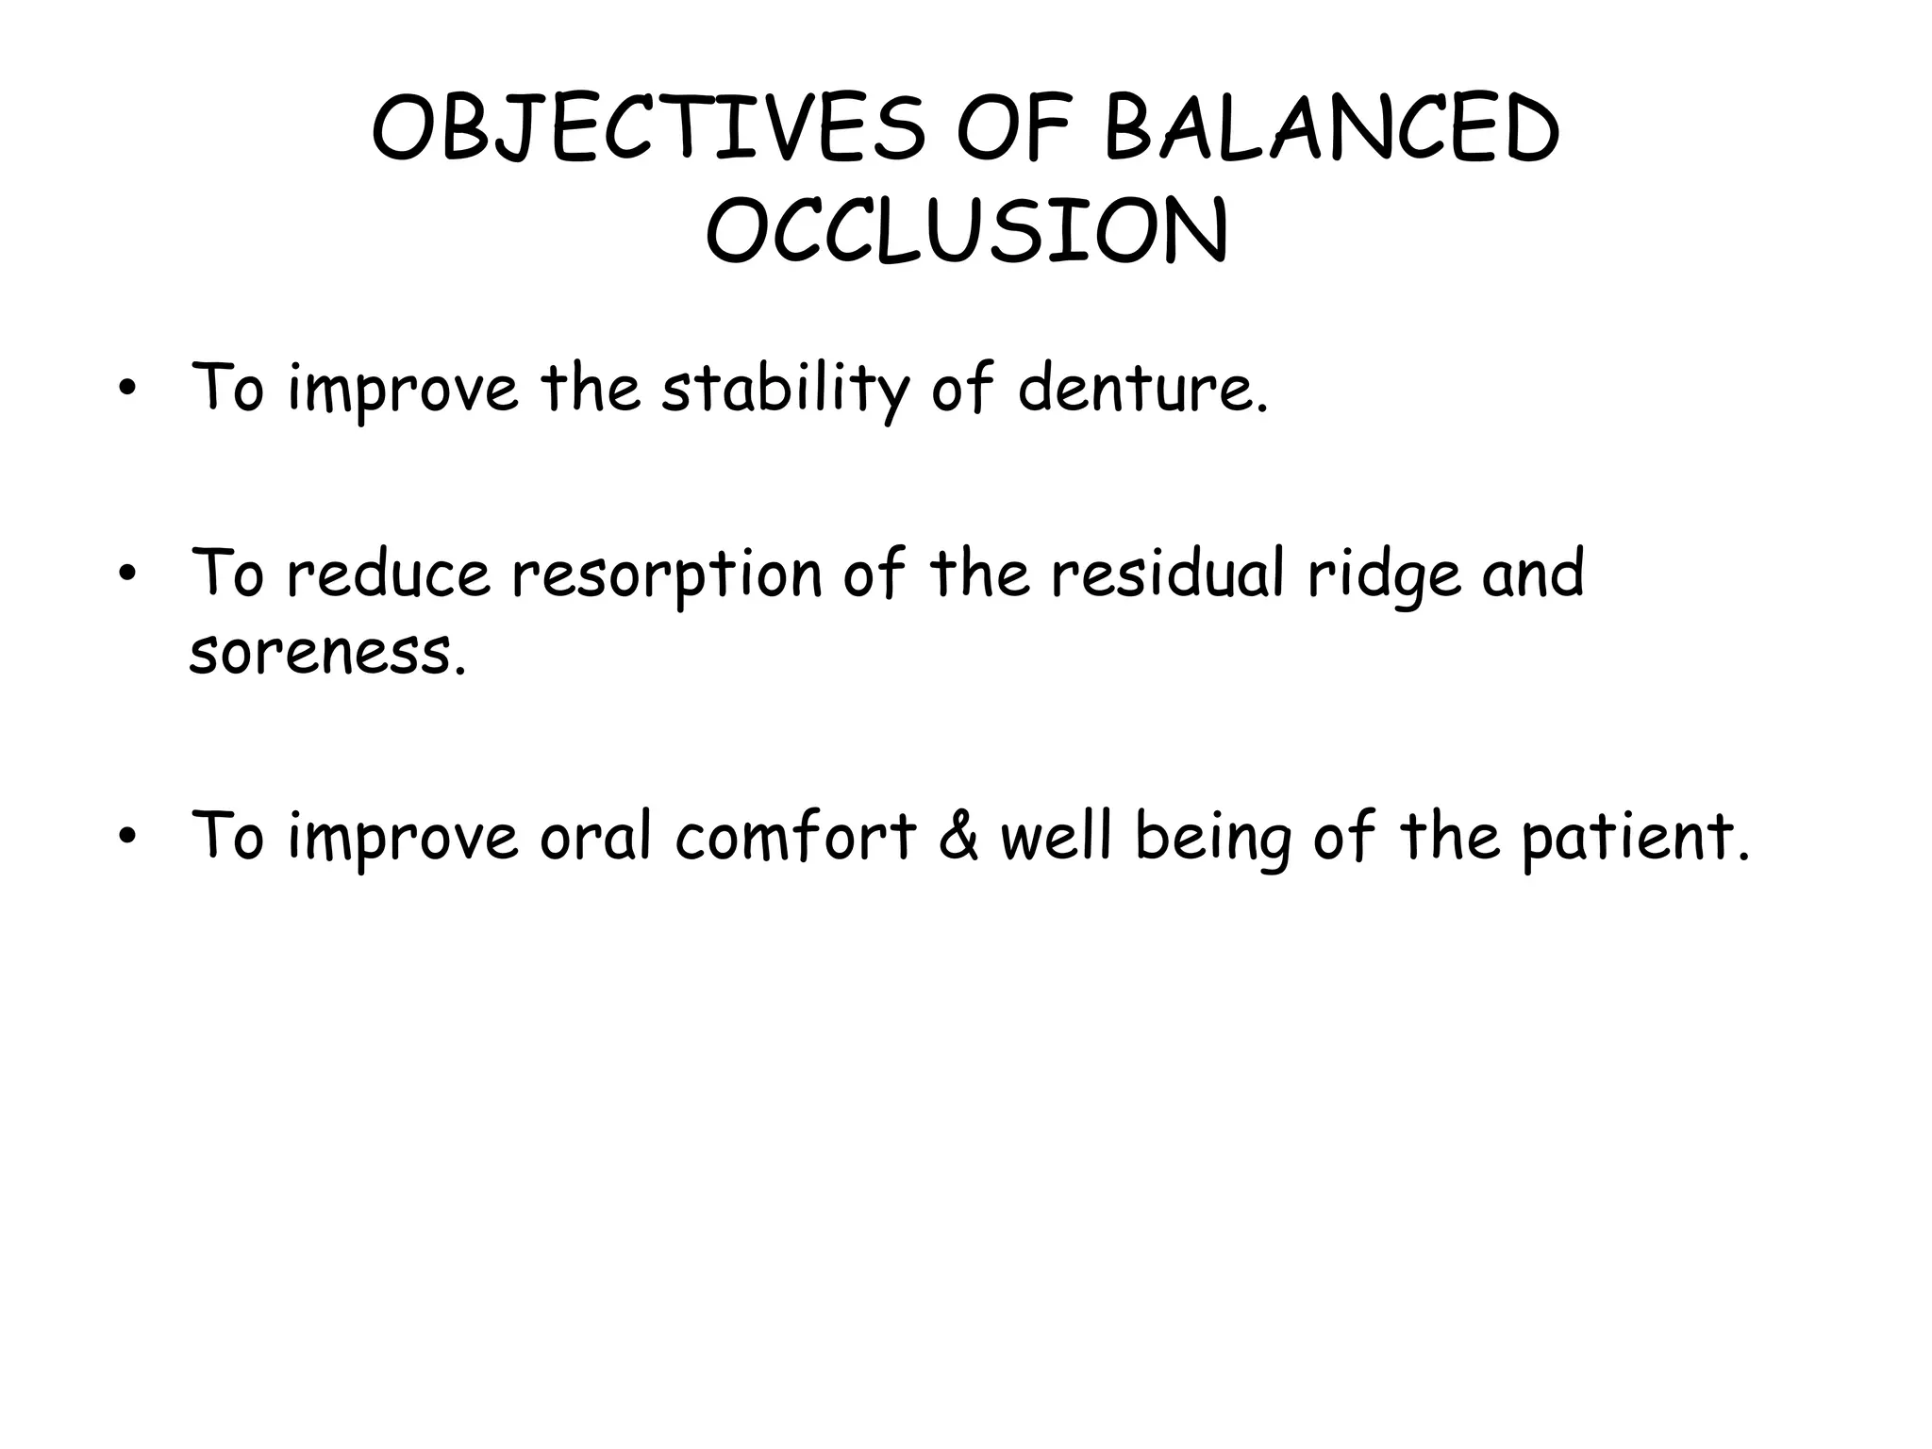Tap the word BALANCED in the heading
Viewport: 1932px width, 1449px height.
point(1331,129)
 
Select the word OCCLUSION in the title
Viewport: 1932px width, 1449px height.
point(967,231)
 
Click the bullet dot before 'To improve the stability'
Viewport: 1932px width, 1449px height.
point(125,390)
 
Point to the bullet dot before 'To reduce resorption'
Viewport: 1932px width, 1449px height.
point(125,575)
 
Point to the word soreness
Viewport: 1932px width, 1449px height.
point(327,653)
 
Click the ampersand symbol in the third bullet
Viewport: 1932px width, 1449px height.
point(959,837)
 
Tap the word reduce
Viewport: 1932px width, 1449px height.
point(388,575)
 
